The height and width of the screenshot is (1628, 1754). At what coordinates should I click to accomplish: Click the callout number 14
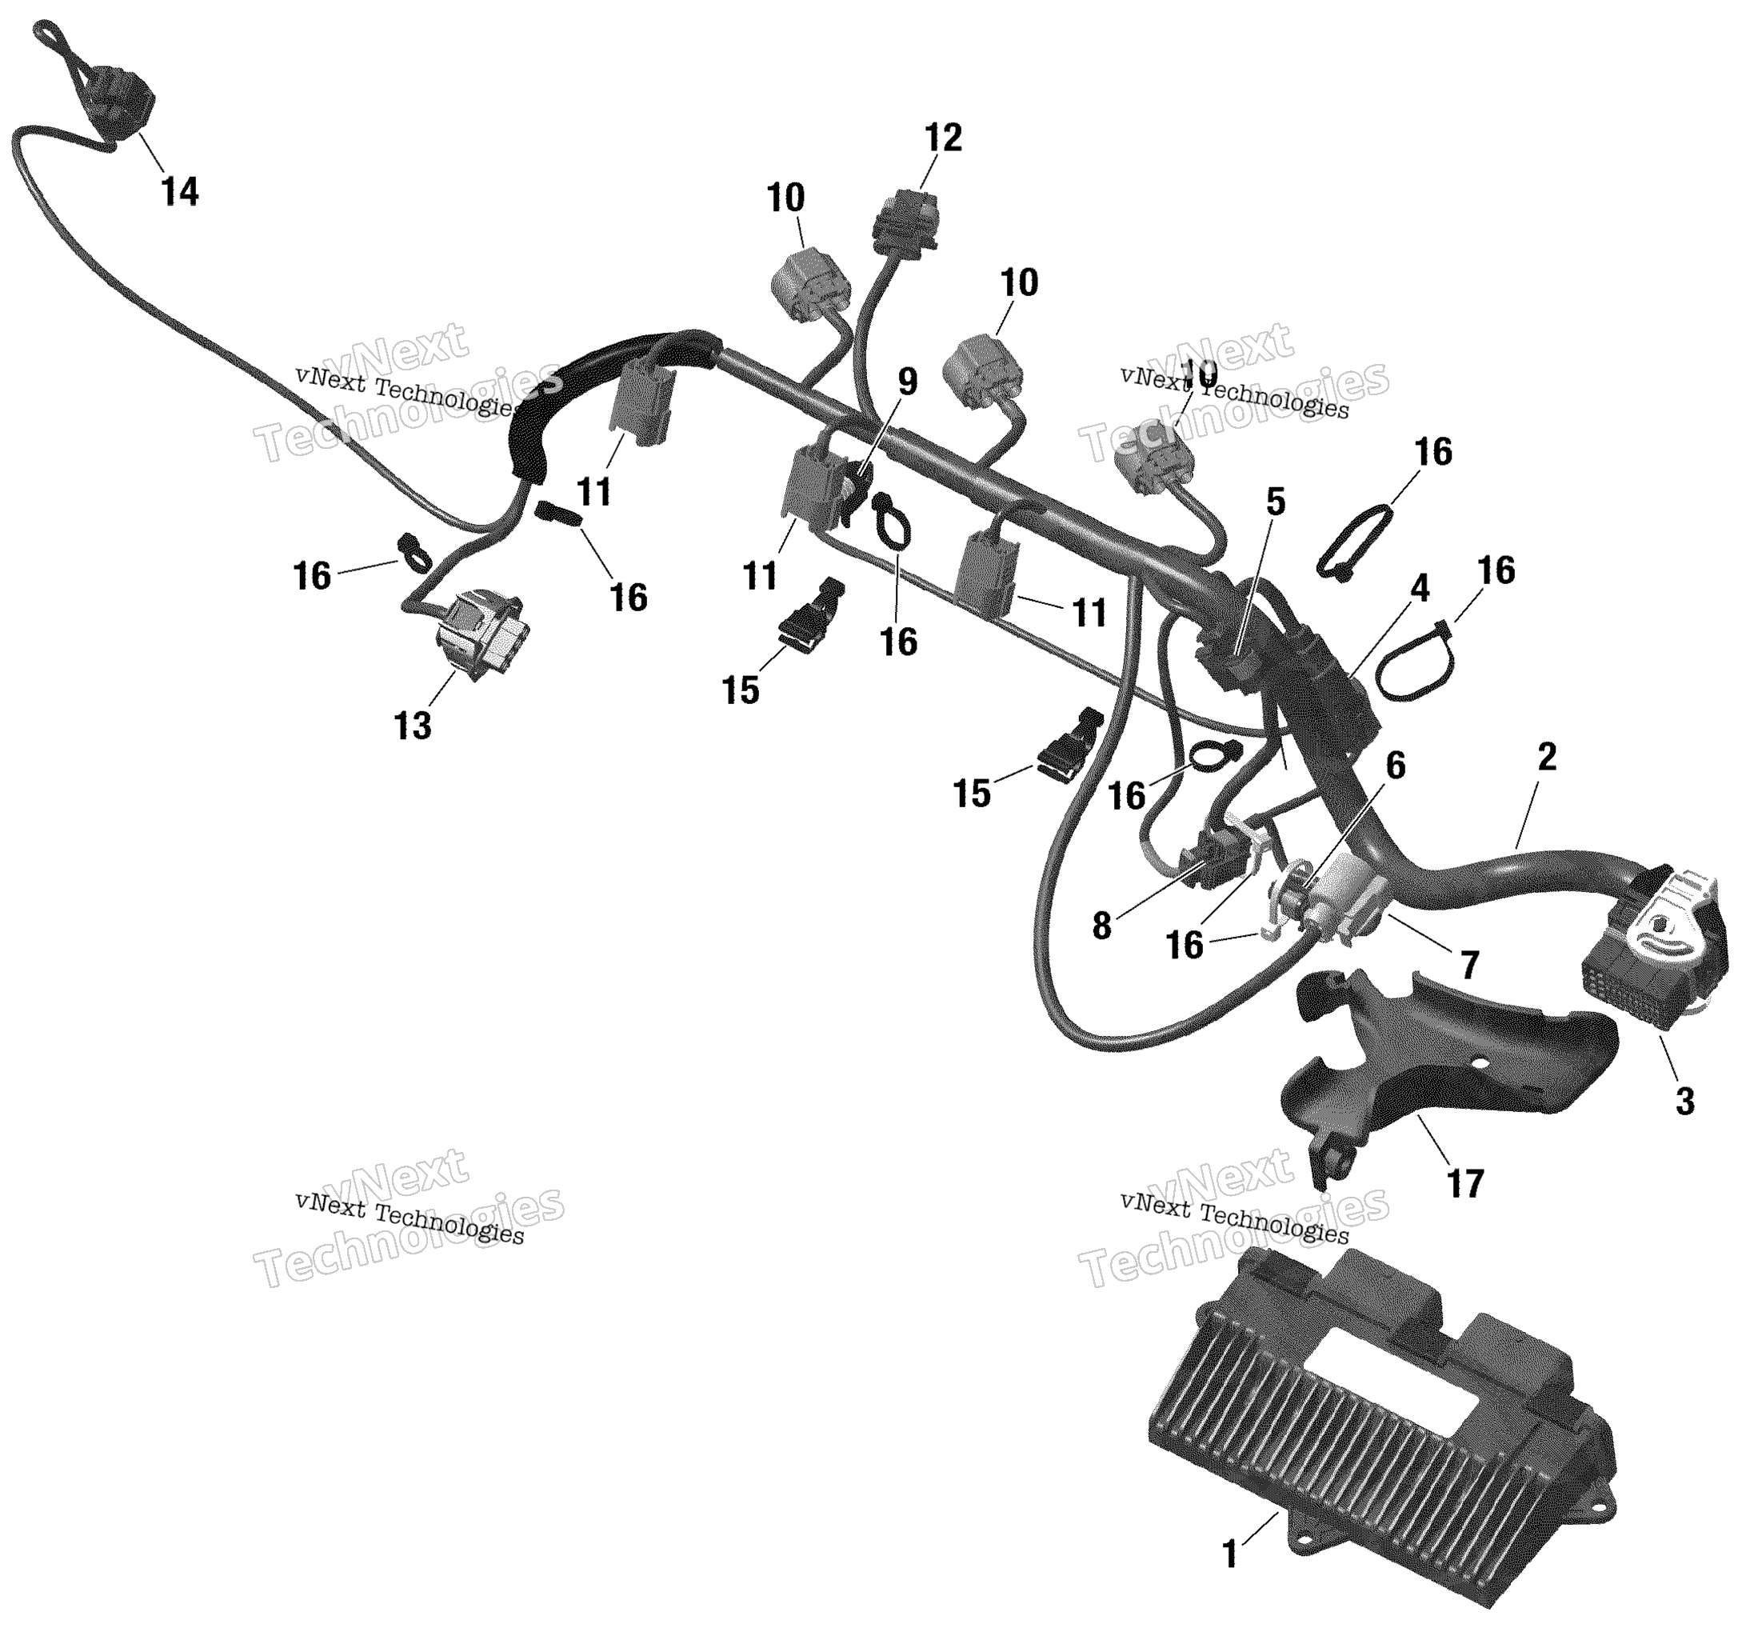point(181,191)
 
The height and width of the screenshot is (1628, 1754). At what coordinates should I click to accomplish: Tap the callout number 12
point(943,138)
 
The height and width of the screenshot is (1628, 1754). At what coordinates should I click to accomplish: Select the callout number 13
point(413,726)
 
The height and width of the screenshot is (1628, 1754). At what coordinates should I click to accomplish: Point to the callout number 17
point(1465,1184)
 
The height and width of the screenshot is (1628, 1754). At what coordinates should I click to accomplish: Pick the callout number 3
point(1684,1101)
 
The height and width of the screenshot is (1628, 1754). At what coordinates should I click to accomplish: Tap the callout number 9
point(907,382)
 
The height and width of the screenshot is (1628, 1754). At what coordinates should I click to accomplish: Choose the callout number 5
point(1275,502)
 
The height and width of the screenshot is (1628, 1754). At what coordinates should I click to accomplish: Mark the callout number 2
point(1546,757)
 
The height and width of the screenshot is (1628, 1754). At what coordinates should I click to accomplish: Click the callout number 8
point(1101,926)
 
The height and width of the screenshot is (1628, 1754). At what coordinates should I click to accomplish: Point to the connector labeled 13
point(479,629)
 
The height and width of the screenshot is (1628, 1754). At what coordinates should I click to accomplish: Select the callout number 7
point(1468,966)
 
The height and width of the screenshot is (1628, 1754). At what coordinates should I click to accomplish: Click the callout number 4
point(1419,587)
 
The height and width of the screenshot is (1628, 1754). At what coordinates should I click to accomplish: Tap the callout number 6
point(1396,766)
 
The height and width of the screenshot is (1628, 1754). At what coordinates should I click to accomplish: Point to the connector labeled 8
point(1220,859)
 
